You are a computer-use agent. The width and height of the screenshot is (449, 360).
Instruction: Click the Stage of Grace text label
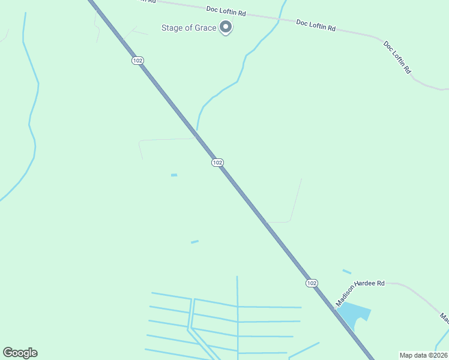tap(188, 28)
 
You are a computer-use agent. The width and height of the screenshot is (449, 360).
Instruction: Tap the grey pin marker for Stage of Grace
tap(226, 26)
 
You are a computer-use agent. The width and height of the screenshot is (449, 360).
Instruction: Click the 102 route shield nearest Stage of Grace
tap(138, 61)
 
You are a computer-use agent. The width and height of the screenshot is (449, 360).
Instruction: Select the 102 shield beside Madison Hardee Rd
tap(311, 283)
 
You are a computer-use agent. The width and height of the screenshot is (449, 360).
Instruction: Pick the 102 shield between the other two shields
tap(217, 163)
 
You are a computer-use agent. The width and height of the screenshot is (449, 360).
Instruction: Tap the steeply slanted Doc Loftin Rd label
tap(397, 58)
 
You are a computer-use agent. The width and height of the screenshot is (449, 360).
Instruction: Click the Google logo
tap(20, 353)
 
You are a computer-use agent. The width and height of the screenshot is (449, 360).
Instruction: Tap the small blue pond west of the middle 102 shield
tap(174, 175)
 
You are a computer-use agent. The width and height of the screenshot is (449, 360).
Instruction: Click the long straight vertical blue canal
tap(238, 318)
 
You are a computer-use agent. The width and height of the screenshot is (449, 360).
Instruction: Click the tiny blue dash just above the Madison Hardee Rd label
tap(347, 272)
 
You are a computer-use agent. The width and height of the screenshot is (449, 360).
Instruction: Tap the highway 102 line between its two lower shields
tap(264, 223)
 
